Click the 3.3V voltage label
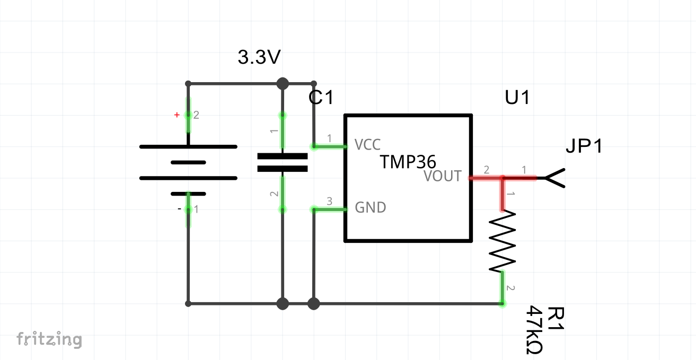point(259,57)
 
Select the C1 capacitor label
point(321,98)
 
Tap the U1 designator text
point(517,98)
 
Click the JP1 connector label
point(584,145)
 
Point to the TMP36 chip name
point(408,162)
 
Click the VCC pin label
point(367,145)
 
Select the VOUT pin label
point(443,176)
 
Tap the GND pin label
point(371,207)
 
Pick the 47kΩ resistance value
point(534,330)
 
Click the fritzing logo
point(49,339)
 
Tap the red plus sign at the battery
point(177,115)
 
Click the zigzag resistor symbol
point(502,241)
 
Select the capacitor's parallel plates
point(283,162)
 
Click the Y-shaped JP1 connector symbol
point(554,178)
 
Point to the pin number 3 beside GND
point(329,201)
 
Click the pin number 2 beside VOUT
point(487,170)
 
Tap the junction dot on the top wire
point(283,84)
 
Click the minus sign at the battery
point(179,209)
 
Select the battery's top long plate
point(188,147)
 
